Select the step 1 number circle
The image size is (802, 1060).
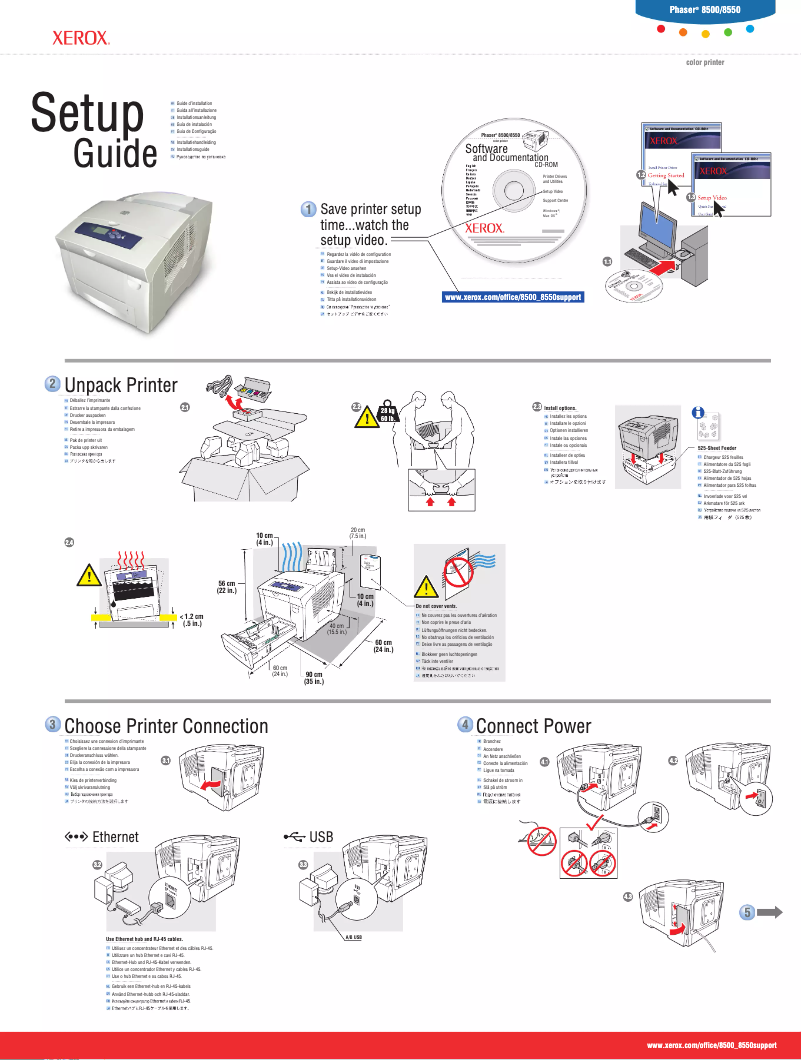tap(310, 209)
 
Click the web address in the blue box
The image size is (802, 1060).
tap(512, 297)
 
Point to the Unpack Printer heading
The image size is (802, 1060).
tap(120, 386)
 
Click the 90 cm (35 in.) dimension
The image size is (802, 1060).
tap(313, 678)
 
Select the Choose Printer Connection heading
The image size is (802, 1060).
tap(165, 725)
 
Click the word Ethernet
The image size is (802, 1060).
tap(114, 836)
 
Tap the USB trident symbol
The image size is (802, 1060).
tap(293, 836)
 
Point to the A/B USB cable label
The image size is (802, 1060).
tap(353, 937)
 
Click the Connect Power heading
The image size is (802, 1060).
tap(533, 725)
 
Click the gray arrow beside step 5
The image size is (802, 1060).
tap(772, 912)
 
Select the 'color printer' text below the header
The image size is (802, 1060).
tap(704, 62)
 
